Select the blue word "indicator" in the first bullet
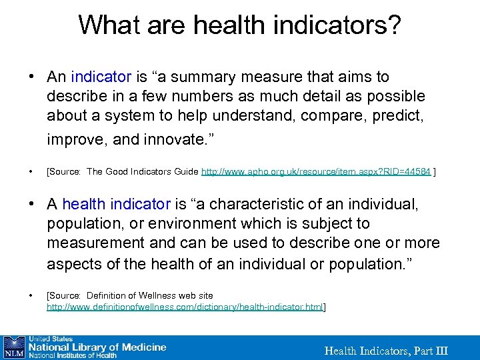pyautogui.click(x=100, y=77)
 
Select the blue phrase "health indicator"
pyautogui.click(x=117, y=204)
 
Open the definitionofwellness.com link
pyautogui.click(x=185, y=307)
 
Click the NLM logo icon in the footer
pyautogui.click(x=14, y=347)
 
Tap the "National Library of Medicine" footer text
pyautogui.click(x=95, y=347)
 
